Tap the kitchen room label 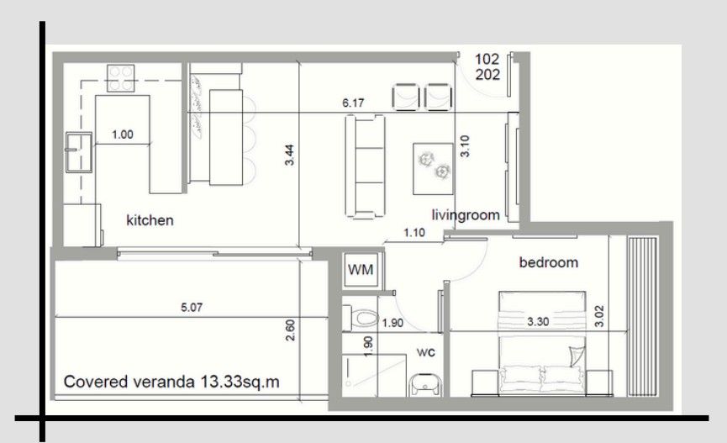(150, 220)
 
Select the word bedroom (548, 262)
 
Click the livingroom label (466, 215)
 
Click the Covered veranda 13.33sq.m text (171, 382)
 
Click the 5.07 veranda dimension (192, 308)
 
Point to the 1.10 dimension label (414, 233)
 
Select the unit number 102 (487, 59)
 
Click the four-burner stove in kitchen (120, 78)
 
